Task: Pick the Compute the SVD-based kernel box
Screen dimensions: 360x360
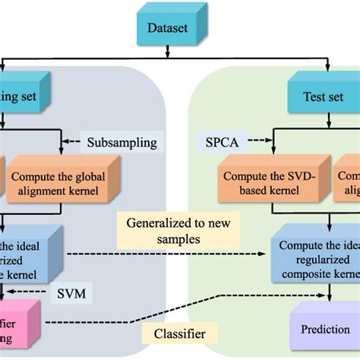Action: [261, 182]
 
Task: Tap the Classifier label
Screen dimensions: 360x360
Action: [180, 333]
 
